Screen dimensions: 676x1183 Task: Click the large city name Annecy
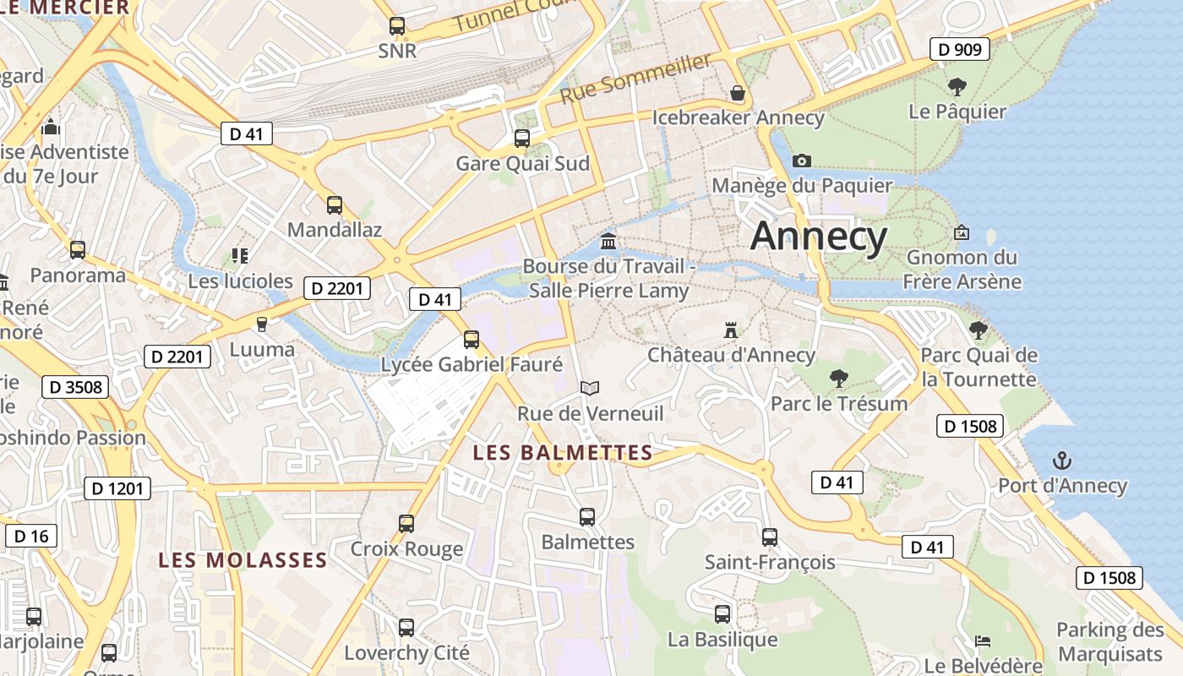(x=819, y=236)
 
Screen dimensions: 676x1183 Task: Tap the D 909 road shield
(x=961, y=50)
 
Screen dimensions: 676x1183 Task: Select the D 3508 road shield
(x=75, y=388)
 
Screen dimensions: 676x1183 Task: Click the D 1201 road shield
(x=117, y=488)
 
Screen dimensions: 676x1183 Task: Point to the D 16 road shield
(x=31, y=536)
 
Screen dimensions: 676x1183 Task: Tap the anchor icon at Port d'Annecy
(x=1062, y=461)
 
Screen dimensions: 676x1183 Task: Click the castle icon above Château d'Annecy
(x=731, y=330)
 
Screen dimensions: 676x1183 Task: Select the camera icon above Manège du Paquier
(x=802, y=161)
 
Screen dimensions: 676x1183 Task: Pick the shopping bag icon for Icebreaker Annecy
(x=738, y=92)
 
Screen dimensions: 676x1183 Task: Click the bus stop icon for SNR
(x=397, y=26)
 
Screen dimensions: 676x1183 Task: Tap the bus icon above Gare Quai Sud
(x=522, y=139)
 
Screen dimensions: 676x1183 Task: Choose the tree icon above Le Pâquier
(x=957, y=86)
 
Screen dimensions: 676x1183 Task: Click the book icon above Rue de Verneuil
(x=590, y=389)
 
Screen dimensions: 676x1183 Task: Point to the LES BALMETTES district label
(x=563, y=453)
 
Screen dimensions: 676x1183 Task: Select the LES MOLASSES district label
(x=243, y=560)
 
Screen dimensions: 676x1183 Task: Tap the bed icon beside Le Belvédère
(x=983, y=641)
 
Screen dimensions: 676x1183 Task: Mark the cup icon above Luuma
(x=262, y=324)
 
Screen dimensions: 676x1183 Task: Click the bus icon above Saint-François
(x=769, y=537)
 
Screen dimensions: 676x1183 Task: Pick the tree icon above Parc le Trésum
(x=838, y=378)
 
